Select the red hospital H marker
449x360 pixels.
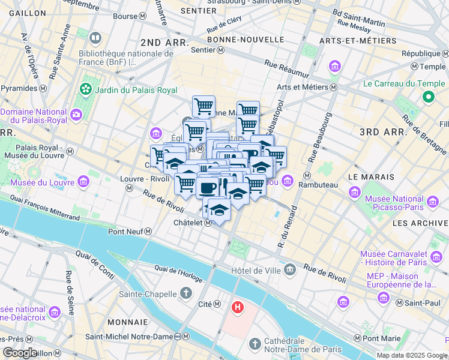[238, 308]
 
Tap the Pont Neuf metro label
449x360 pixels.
[125, 231]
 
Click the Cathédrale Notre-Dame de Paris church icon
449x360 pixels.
[255, 344]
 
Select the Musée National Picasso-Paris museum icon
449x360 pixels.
[356, 193]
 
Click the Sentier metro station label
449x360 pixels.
[203, 50]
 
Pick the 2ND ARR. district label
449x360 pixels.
[164, 43]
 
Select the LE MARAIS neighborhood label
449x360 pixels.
[370, 177]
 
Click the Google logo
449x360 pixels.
[19, 352]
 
